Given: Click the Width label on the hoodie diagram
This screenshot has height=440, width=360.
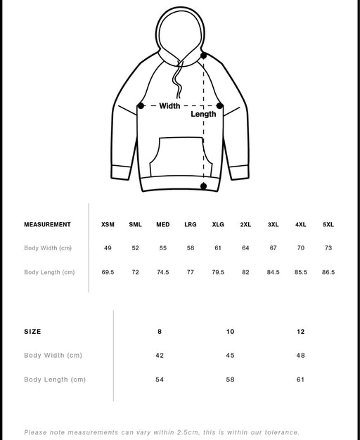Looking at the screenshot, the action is pyautogui.click(x=169, y=106).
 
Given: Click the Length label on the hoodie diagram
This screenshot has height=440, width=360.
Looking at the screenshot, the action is pyautogui.click(x=204, y=114).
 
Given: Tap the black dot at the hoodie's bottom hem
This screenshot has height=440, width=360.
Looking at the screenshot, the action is pyautogui.click(x=204, y=186).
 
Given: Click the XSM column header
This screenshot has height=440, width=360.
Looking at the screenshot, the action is pyautogui.click(x=108, y=225).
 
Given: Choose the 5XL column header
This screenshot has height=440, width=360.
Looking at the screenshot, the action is pyautogui.click(x=328, y=225).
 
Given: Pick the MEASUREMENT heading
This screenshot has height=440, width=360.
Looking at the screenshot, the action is pyautogui.click(x=47, y=225).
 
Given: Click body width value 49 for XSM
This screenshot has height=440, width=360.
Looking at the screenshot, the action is pyautogui.click(x=108, y=248).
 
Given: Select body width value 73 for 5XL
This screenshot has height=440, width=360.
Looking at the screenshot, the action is pyautogui.click(x=328, y=248).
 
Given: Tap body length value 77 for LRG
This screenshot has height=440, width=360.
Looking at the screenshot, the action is pyautogui.click(x=190, y=272).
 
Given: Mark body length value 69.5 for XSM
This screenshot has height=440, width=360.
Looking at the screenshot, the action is pyautogui.click(x=108, y=272).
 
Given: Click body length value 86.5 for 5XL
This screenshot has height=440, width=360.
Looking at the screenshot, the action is pyautogui.click(x=328, y=272).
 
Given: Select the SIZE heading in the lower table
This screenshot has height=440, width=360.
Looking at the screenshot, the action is pyautogui.click(x=32, y=331).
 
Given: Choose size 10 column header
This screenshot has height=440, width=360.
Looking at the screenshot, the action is pyautogui.click(x=230, y=331).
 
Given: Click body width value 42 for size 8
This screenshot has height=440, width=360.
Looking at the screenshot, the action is pyautogui.click(x=160, y=356).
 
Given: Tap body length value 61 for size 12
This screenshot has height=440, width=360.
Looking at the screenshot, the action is pyautogui.click(x=301, y=380).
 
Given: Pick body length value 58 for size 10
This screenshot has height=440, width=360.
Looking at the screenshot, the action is pyautogui.click(x=230, y=380).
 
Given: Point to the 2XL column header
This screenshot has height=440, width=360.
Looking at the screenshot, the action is pyautogui.click(x=245, y=225).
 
